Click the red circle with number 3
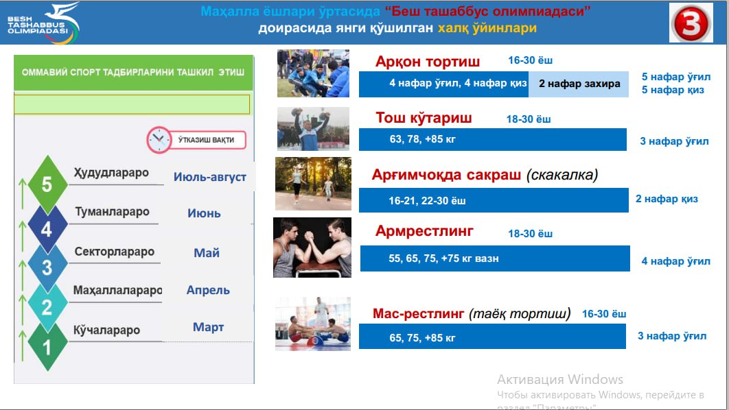[691, 24]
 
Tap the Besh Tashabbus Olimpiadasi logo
[43, 23]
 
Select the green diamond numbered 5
[47, 184]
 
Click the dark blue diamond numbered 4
[47, 229]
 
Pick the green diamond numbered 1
[47, 347]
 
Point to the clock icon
[159, 140]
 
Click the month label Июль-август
[209, 177]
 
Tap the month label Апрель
[208, 290]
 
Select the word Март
[208, 327]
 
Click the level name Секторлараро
[115, 252]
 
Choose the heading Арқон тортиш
[427, 62]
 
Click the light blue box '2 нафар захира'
[579, 84]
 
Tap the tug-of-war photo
[313, 73]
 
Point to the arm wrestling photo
[312, 248]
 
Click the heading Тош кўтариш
[424, 118]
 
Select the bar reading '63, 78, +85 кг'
[492, 139]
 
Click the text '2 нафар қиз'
[667, 200]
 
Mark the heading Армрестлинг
[424, 231]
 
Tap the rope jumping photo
[313, 184]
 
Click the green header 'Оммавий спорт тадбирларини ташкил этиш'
[133, 73]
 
